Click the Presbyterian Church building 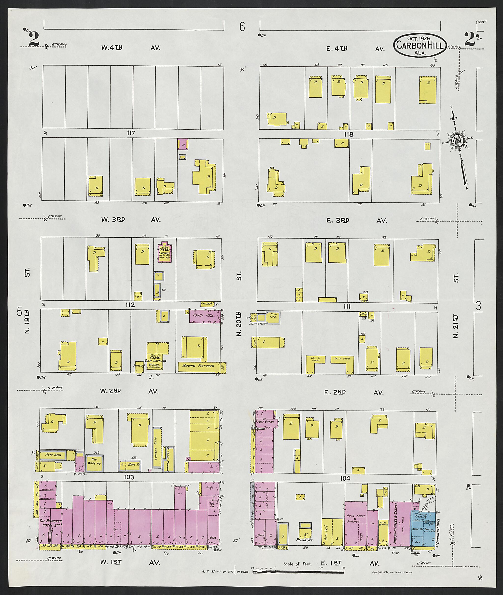click(x=165, y=253)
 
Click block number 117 click(x=131, y=133)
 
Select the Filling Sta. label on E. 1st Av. click(x=305, y=540)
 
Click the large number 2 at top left click(x=34, y=39)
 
